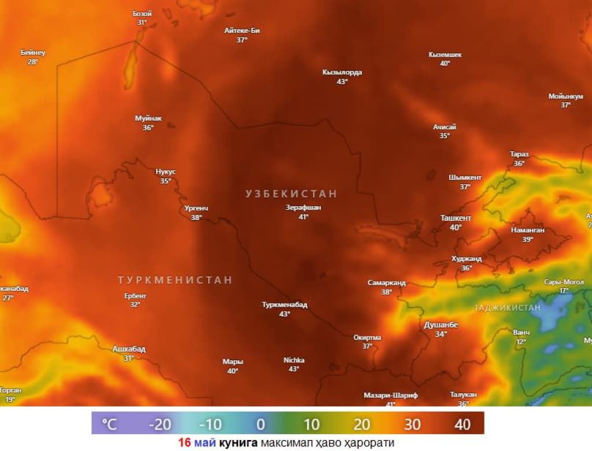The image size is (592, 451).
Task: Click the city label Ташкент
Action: click(x=456, y=218)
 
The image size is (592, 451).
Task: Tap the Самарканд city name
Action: click(x=387, y=283)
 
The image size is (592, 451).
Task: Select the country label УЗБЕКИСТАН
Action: click(x=291, y=194)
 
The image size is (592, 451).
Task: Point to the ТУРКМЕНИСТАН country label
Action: click(x=175, y=280)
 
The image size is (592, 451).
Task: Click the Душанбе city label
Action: click(x=441, y=325)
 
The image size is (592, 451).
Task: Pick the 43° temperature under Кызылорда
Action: click(x=342, y=81)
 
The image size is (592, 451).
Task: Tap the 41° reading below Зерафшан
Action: click(x=304, y=217)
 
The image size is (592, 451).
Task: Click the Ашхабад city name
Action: click(x=129, y=349)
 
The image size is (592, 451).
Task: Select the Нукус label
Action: click(x=166, y=172)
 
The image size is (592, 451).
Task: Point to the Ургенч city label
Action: click(x=196, y=208)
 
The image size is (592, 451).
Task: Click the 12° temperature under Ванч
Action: click(x=521, y=341)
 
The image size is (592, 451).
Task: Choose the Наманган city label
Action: click(x=528, y=230)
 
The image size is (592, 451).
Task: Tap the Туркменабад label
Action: click(x=284, y=305)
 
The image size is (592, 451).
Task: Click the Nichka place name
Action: click(x=294, y=360)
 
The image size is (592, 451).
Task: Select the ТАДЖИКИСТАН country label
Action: click(x=508, y=308)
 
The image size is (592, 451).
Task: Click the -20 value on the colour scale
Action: click(x=160, y=424)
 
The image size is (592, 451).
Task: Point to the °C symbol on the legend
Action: click(x=109, y=424)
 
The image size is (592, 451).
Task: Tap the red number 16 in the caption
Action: click(x=184, y=443)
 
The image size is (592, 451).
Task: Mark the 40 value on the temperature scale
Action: click(x=462, y=424)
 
